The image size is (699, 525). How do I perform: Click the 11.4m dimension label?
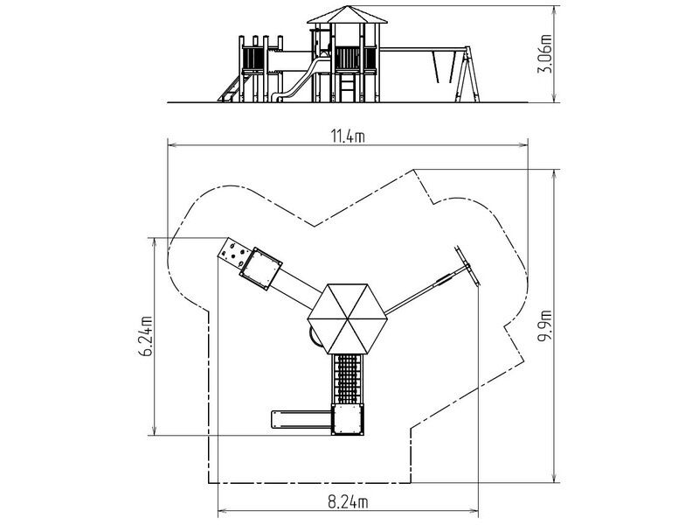(348, 136)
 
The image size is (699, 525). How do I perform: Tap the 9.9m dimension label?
(544, 325)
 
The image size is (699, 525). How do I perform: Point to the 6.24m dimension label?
(146, 337)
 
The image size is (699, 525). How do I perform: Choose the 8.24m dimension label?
(348, 502)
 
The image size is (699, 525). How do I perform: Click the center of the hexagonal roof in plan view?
(347, 318)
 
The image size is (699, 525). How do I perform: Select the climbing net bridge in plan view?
(348, 379)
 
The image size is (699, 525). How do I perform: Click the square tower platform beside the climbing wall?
(261, 269)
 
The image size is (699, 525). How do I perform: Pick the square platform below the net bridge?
(348, 419)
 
